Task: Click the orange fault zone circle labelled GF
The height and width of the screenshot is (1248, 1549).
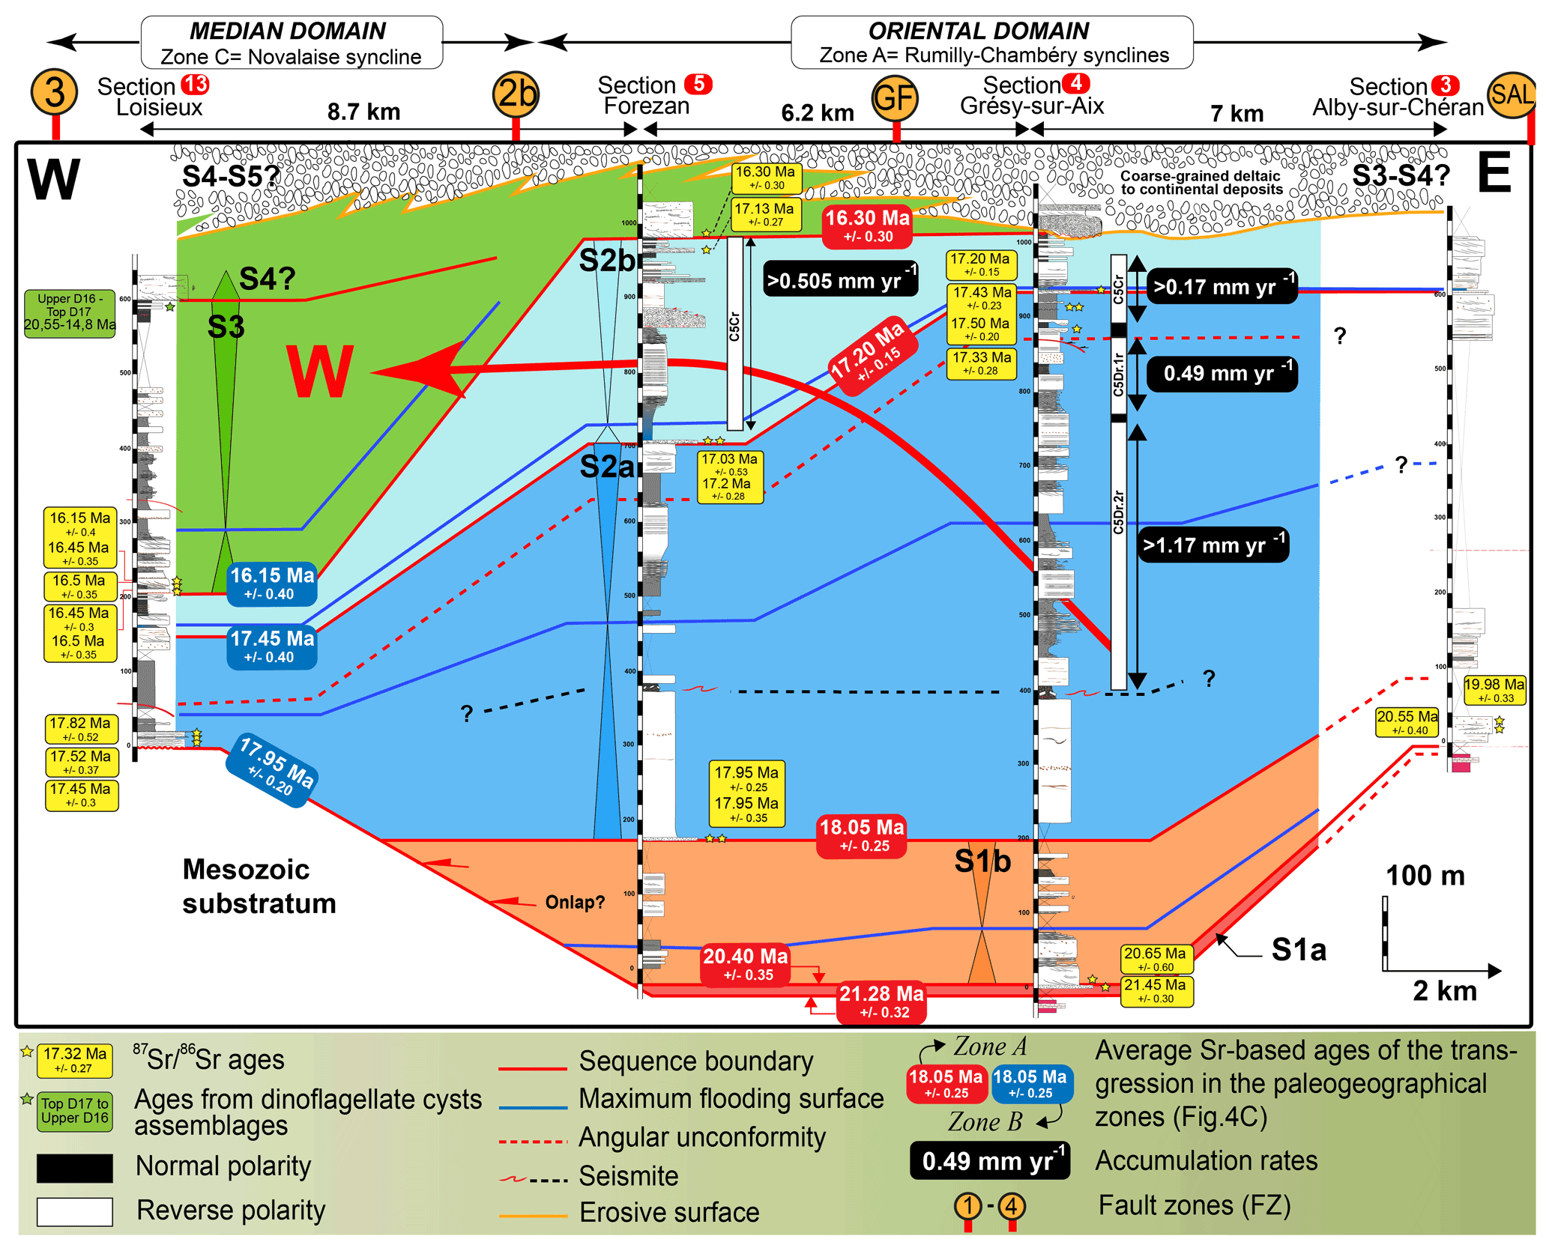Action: [x=895, y=97]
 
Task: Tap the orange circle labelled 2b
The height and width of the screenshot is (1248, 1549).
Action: [x=516, y=94]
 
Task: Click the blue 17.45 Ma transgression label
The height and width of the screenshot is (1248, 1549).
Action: [x=272, y=646]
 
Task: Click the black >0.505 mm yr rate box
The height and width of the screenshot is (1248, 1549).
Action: [x=840, y=280]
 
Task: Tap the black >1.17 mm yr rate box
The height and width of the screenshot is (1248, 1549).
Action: [x=1213, y=545]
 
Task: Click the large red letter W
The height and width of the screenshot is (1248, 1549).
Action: [x=320, y=372]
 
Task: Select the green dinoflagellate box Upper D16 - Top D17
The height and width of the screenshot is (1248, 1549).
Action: [x=70, y=312]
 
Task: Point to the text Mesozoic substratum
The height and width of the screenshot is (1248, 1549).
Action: [x=259, y=886]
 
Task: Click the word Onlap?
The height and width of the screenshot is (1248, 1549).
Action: [x=574, y=902]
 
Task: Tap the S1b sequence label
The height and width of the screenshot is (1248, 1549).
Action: [x=982, y=861]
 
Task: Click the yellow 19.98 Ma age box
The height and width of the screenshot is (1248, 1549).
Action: [x=1494, y=690]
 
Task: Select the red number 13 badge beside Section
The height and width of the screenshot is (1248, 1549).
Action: [x=196, y=85]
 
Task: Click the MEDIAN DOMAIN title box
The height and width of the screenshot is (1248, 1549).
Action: [x=292, y=43]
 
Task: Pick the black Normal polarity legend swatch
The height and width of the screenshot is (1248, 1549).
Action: [x=75, y=1167]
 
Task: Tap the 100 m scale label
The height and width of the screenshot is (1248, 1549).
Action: [x=1425, y=876]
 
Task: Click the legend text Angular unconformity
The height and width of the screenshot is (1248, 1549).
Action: [x=701, y=1137]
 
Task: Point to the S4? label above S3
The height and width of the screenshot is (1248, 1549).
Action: [x=267, y=279]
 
